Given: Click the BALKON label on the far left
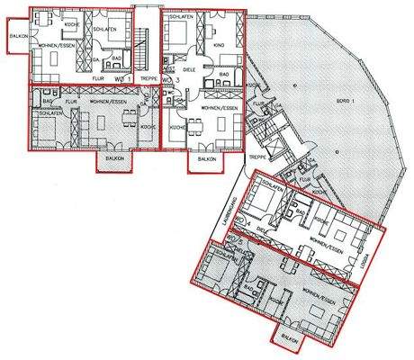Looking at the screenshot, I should coord(16,37).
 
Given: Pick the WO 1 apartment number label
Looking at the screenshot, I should coord(122,79).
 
